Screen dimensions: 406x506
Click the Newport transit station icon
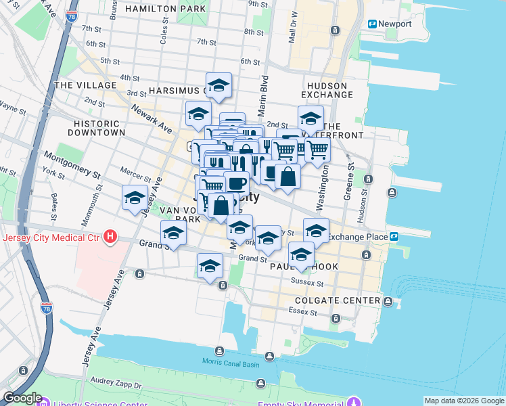point(372,24)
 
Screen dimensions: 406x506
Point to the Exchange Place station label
point(359,236)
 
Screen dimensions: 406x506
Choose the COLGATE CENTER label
point(338,300)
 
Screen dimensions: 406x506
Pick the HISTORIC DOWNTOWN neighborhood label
point(97,129)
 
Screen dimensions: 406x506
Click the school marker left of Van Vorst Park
point(135,198)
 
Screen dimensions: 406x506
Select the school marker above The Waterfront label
point(310,118)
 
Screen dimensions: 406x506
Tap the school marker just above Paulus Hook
point(301,255)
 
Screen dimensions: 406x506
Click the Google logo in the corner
point(22,398)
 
